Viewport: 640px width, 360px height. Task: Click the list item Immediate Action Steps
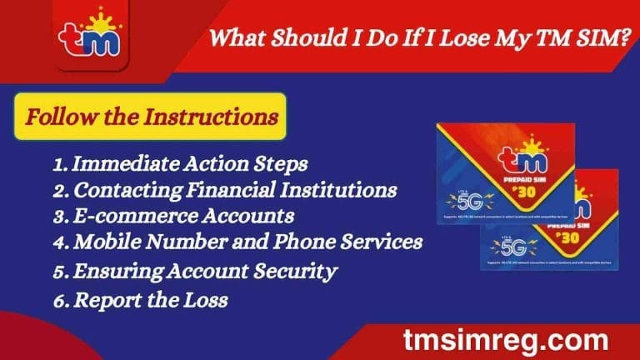[x=180, y=164]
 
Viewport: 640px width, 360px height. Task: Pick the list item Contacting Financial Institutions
[x=224, y=190]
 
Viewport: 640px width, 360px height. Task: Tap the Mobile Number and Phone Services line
[x=238, y=242]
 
